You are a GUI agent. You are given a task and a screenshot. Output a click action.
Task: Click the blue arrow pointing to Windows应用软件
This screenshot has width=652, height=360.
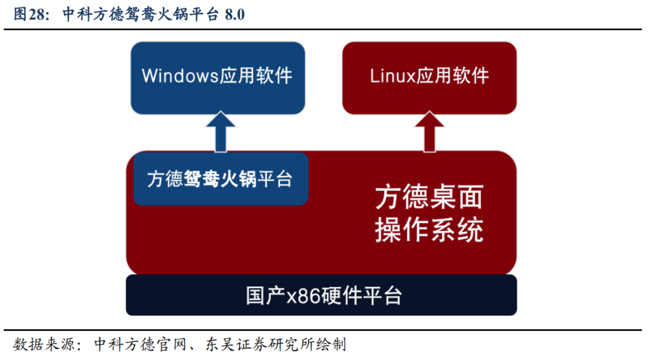[221, 132]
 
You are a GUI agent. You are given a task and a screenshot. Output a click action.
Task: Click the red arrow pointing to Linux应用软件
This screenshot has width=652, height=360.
[430, 132]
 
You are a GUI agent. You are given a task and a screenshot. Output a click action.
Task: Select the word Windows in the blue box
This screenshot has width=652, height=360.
[181, 76]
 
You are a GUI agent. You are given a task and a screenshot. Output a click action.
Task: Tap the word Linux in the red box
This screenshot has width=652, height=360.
[393, 76]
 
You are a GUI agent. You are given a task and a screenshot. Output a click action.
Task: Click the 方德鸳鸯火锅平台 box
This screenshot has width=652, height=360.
[221, 179]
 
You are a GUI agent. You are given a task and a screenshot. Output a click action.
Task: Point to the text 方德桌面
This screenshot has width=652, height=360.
[429, 198]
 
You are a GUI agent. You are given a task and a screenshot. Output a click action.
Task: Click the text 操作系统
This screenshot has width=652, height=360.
[429, 230]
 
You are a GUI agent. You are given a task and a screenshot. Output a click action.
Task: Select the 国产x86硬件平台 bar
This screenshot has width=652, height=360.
[321, 295]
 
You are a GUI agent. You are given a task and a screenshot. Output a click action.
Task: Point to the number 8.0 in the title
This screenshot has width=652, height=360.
[235, 15]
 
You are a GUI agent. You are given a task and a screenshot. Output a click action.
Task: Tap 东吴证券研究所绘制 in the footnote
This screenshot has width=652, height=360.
[276, 344]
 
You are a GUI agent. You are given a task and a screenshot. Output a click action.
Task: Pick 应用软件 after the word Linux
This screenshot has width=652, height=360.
[453, 76]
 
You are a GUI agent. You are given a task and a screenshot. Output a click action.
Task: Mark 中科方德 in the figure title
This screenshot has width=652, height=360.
[93, 14]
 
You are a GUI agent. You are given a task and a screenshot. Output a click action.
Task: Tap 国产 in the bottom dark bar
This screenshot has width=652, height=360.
[266, 296]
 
